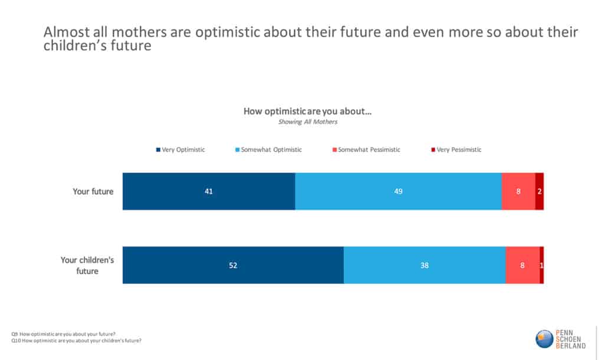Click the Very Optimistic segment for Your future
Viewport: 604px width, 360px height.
(x=209, y=191)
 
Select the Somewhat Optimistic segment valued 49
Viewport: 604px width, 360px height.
(x=398, y=191)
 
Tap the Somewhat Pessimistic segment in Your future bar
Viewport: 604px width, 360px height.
(x=518, y=191)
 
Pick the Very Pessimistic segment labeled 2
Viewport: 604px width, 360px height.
(x=539, y=191)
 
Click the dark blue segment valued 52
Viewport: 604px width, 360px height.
(x=233, y=265)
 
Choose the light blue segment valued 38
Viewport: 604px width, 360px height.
(x=424, y=265)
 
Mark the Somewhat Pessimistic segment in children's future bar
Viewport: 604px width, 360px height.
(x=522, y=265)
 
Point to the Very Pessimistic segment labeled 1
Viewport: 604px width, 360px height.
(x=541, y=265)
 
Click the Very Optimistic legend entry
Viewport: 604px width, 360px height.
(x=180, y=150)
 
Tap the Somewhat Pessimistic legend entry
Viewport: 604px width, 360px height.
(x=366, y=150)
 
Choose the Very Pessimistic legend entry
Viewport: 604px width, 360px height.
(x=456, y=150)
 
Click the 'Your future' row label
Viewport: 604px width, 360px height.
(x=93, y=191)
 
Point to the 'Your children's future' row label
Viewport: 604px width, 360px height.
(x=87, y=265)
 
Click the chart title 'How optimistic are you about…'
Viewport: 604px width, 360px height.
(x=307, y=111)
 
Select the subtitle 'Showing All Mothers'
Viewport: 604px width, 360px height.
(x=307, y=122)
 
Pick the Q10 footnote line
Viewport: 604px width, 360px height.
(x=76, y=341)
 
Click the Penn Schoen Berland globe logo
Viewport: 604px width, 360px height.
(x=544, y=339)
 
